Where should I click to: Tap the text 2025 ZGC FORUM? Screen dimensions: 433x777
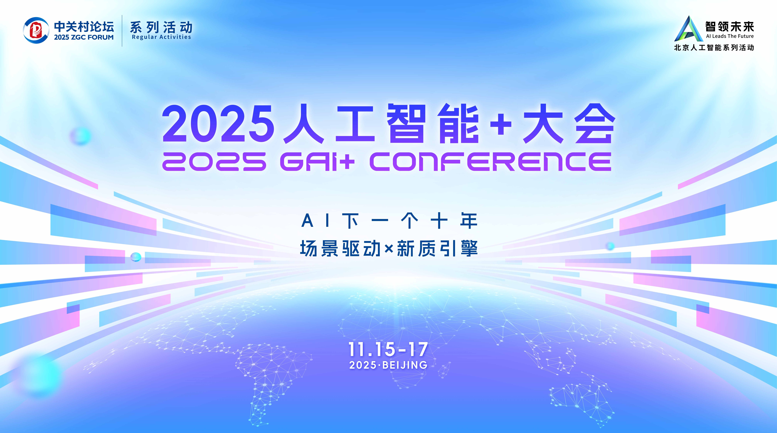pyautogui.click(x=84, y=37)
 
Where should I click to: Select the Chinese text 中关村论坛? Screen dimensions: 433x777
pyautogui.click(x=84, y=27)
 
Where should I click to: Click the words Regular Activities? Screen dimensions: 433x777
pyautogui.click(x=161, y=37)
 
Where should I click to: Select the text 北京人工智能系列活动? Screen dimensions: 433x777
pyautogui.click(x=714, y=48)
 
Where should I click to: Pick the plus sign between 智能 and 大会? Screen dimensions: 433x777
pyautogui.click(x=501, y=124)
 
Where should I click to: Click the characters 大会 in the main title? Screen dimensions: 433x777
pyautogui.click(x=569, y=124)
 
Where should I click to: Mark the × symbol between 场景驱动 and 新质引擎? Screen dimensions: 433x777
pyautogui.click(x=389, y=249)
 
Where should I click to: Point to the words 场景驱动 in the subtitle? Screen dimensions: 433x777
pyautogui.click(x=340, y=249)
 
